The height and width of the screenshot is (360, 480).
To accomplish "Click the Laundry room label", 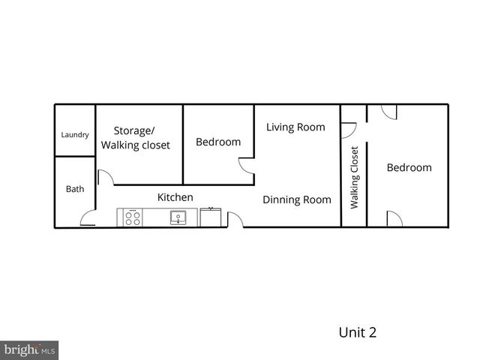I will [75, 135].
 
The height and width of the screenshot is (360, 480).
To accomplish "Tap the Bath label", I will [75, 189].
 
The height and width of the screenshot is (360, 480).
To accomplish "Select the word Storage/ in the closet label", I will [133, 130].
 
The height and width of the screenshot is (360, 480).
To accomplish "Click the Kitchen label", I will [175, 197].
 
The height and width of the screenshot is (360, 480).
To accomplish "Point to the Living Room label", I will [295, 127].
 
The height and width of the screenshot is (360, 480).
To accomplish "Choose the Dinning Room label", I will [296, 199].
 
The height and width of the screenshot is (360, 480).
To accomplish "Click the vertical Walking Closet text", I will [355, 177].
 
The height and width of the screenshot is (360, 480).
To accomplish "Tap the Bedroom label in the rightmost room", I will [409, 167].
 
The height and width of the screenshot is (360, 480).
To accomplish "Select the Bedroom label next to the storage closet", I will [218, 142].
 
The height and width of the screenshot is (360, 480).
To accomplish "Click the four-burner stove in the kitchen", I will [133, 218].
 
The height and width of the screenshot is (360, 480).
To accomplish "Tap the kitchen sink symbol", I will [178, 218].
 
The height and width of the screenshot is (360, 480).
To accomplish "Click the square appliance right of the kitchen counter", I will [211, 217].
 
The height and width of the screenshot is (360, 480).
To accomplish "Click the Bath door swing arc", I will [88, 220].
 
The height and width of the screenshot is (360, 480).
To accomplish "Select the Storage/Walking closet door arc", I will [106, 177].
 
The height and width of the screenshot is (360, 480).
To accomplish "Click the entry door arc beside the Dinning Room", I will [235, 220].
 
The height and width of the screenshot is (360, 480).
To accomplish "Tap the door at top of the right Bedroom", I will [388, 112].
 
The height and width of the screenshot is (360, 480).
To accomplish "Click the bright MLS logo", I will [30, 349].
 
